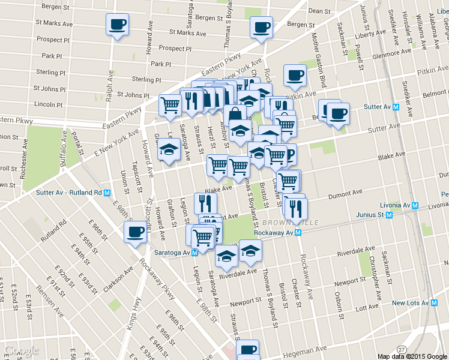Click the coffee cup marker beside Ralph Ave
(116, 25)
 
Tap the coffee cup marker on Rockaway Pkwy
(136, 232)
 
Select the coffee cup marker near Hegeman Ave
(247, 349)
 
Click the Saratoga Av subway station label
(175, 253)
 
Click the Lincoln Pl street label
(48, 104)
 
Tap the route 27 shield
(401, 349)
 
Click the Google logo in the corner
(21, 350)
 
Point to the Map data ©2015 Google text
(411, 356)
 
